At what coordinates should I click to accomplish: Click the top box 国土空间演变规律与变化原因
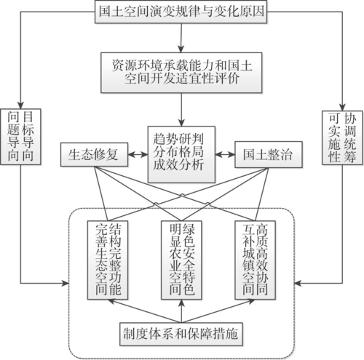[x=181, y=12]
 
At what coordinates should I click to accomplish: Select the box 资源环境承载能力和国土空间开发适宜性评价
[x=181, y=73]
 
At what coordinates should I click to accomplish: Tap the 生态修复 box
[x=94, y=155]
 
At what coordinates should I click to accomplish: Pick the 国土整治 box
[x=269, y=154]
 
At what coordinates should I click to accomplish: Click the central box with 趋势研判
[x=181, y=154]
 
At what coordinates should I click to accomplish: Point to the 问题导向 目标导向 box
[x=20, y=137]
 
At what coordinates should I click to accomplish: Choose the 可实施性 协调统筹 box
[x=342, y=137]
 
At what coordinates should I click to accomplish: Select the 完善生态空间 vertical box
[x=108, y=260]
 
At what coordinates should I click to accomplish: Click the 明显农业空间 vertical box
[x=181, y=260]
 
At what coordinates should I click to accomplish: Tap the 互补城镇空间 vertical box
[x=255, y=260]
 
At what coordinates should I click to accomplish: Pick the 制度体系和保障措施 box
[x=181, y=334]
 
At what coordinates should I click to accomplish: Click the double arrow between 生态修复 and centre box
[x=138, y=155]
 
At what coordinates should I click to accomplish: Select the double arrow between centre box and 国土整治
[x=225, y=154]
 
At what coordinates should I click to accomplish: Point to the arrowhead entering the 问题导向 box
[x=20, y=105]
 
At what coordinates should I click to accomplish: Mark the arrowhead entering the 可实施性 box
[x=342, y=108]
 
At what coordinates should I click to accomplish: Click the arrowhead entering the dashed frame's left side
[x=66, y=283]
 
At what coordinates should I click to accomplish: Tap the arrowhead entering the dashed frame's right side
[x=298, y=283]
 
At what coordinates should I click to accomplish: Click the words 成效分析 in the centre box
[x=178, y=165]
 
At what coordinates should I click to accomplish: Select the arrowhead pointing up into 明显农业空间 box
[x=181, y=303]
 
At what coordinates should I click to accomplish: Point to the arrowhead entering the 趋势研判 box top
[x=181, y=123]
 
